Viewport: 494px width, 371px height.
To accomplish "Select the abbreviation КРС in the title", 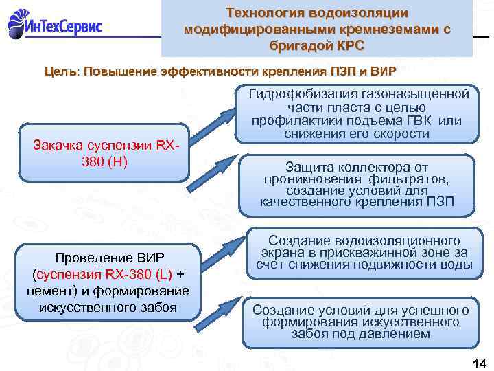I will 350,45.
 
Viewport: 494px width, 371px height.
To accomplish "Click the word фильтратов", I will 408,179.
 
